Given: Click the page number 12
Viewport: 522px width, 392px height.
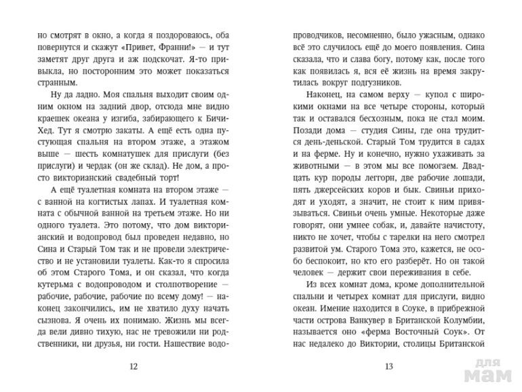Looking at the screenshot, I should tap(132, 367).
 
